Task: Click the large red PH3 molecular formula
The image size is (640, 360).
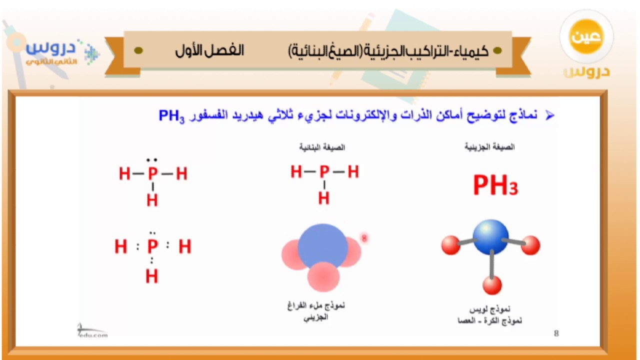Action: click(x=495, y=185)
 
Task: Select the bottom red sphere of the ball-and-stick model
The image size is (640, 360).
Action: click(x=492, y=285)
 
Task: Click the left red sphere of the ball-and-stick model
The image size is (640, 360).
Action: click(x=450, y=245)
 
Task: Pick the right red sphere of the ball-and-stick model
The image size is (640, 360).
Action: click(x=530, y=245)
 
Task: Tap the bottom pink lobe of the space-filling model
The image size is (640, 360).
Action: click(x=323, y=277)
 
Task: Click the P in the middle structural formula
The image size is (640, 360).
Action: click(x=324, y=172)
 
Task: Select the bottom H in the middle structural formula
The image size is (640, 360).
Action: click(x=324, y=198)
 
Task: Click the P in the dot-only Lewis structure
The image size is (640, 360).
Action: click(x=152, y=246)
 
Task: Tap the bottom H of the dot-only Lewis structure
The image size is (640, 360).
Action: click(x=152, y=276)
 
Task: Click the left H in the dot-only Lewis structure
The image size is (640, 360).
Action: click(x=120, y=246)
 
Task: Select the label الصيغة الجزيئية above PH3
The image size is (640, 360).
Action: click(x=489, y=147)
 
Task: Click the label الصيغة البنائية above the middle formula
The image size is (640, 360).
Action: click(x=322, y=147)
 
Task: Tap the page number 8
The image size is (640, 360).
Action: click(x=556, y=333)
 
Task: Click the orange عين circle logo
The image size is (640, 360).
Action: click(x=586, y=38)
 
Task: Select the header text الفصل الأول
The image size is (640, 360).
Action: click(x=209, y=50)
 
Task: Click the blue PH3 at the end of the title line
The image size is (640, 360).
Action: click(x=171, y=116)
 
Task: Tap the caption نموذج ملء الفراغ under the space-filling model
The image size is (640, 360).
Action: click(x=316, y=305)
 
